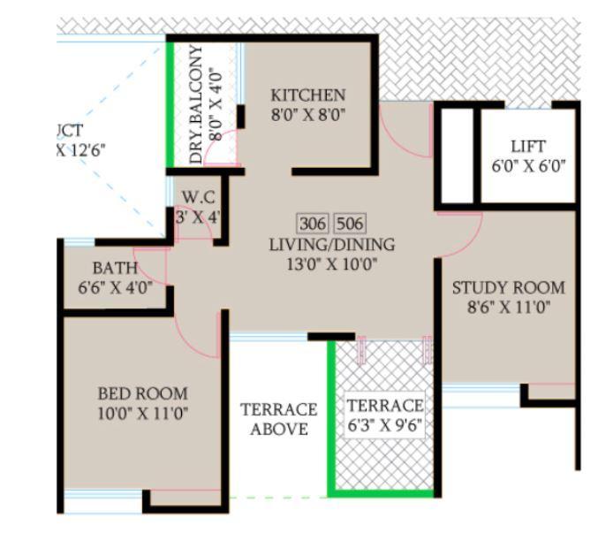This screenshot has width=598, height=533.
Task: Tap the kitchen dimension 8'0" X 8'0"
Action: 307,113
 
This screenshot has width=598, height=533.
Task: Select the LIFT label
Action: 527,146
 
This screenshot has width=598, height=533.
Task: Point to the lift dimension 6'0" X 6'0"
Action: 527,164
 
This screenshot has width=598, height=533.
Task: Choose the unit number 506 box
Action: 351,223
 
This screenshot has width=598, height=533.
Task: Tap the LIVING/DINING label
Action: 332,245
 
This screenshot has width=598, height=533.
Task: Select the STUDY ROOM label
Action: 508,288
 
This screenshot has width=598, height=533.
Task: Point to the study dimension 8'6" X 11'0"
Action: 508,307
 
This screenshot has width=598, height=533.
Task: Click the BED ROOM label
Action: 142,393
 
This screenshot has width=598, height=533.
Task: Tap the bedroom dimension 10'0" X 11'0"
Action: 142,412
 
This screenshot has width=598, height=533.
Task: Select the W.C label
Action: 198,196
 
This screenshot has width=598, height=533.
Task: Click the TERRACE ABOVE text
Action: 278,420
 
